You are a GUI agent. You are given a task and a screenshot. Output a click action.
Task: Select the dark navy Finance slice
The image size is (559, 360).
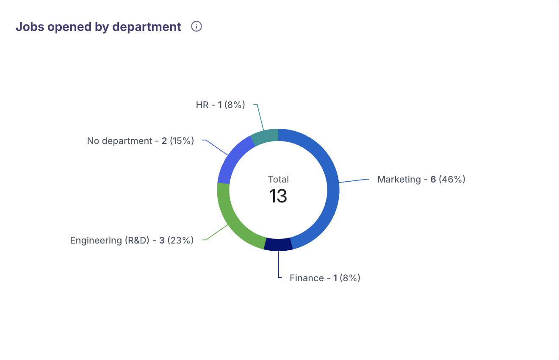pos(278,245)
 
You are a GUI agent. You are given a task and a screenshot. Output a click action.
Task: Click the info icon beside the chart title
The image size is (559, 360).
pos(196,27)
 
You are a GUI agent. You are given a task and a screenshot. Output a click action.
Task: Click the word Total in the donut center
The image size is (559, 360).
pos(278,179)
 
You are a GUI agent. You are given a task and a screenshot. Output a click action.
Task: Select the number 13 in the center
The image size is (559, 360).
pos(278,196)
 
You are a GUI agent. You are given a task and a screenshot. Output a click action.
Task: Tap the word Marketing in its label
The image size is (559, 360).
pos(399,179)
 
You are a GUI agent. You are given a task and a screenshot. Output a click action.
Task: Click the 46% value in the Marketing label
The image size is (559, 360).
pos(452,179)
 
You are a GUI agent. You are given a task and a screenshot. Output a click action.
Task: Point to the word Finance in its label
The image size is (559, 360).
pos(307,278)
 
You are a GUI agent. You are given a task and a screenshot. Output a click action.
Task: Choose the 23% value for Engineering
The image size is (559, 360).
pos(180,240)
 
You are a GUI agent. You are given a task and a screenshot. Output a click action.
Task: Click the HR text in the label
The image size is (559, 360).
pos(202,105)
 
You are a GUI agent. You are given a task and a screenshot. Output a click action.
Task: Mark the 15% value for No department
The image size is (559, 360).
pos(182,141)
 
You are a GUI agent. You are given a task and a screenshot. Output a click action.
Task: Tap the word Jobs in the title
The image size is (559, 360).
pos(28,27)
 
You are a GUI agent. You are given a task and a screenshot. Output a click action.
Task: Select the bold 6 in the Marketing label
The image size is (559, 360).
pos(433,179)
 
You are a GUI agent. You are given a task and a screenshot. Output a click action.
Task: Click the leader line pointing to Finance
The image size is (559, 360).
pos(278,265)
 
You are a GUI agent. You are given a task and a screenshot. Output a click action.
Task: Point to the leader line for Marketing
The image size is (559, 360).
pos(354,181)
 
